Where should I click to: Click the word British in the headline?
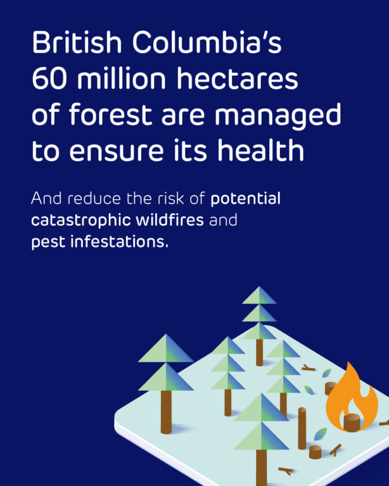[x=77, y=42]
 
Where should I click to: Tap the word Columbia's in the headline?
[x=207, y=42]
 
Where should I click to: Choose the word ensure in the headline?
[x=117, y=151]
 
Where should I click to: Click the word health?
[x=260, y=150]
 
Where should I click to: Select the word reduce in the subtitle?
[x=94, y=198]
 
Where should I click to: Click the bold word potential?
[x=246, y=199]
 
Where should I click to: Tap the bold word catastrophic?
[x=81, y=221]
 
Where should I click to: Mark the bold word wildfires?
[x=170, y=220]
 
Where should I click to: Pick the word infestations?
[x=120, y=242]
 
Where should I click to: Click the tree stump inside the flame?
[x=352, y=422]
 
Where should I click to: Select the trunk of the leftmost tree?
[x=166, y=412]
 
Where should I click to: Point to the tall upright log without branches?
[x=302, y=428]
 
